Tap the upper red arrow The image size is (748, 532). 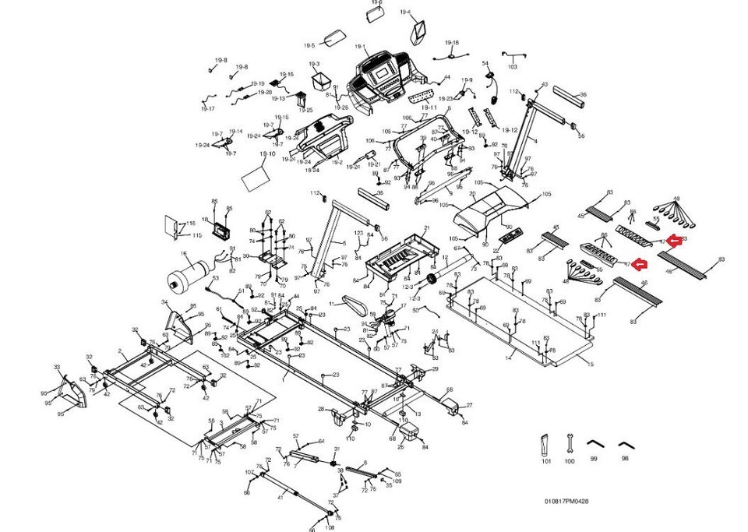[x=675, y=240]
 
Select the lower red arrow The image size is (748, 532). [x=638, y=264]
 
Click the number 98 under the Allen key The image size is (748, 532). [x=625, y=460]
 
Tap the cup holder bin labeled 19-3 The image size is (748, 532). [x=320, y=79]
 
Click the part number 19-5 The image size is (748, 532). [x=309, y=46]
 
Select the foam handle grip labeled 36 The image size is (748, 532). [x=570, y=99]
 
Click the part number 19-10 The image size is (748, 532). [x=267, y=154]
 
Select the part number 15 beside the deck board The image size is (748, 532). [x=591, y=365]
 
